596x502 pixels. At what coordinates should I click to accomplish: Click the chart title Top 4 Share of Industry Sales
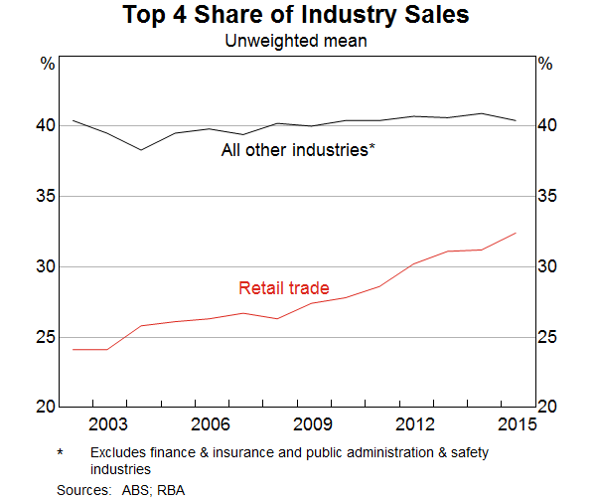295,16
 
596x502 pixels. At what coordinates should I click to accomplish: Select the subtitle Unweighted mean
295,41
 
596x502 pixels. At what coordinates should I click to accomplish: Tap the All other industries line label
297,150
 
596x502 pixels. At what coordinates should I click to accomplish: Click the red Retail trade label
283,288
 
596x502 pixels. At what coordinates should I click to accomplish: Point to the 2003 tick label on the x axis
107,424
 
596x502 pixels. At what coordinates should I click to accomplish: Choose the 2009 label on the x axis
312,424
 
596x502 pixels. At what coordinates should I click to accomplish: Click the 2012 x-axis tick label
414,424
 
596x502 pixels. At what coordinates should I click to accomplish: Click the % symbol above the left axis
47,64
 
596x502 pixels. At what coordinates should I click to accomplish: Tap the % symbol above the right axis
545,64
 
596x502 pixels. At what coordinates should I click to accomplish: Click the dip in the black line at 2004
141,149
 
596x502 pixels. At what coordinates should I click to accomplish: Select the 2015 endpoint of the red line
517,233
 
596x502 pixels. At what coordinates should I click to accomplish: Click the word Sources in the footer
82,490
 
